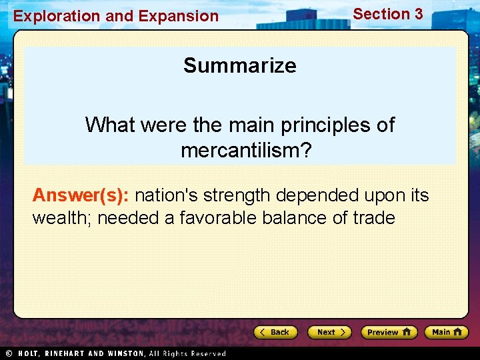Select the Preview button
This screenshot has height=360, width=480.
click(389, 332)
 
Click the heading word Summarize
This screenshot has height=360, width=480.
click(240, 65)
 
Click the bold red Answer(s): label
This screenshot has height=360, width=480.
click(81, 195)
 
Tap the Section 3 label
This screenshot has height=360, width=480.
click(388, 14)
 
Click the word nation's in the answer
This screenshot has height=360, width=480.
click(167, 195)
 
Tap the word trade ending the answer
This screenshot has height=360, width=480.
click(373, 218)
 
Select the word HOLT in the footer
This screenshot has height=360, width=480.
click(28, 353)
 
